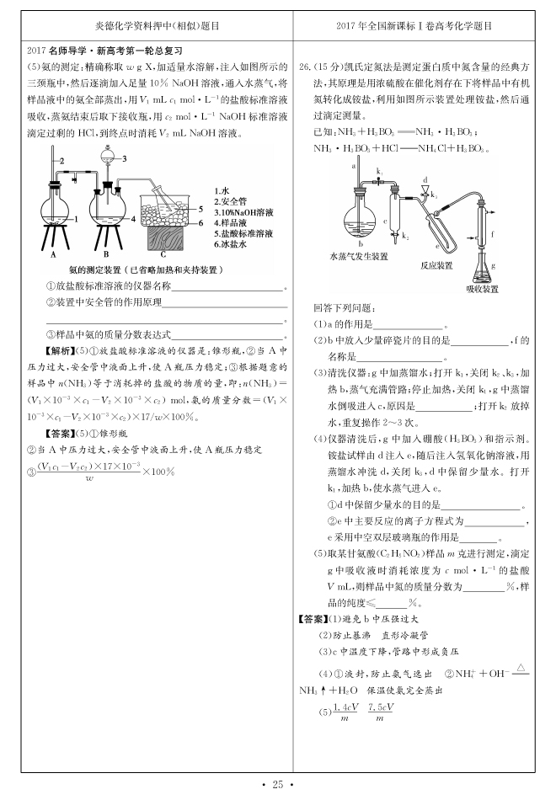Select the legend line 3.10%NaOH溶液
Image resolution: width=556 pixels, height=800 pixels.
pyautogui.click(x=243, y=212)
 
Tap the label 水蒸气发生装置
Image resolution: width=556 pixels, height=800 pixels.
pyautogui.click(x=359, y=254)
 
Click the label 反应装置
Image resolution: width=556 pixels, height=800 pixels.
pyautogui.click(x=436, y=264)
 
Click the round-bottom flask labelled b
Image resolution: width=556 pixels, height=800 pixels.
pyautogui.click(x=356, y=221)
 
